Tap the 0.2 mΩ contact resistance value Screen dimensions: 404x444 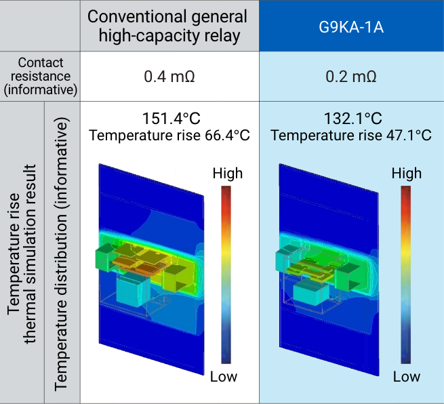351,76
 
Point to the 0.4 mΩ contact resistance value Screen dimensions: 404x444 169,76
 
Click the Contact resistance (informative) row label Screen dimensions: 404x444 40,76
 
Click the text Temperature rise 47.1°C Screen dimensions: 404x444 351,135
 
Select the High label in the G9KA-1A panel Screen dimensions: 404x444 406,174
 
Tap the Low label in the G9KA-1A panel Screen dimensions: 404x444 406,377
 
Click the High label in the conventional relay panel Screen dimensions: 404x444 227,174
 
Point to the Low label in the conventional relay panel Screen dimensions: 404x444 224,377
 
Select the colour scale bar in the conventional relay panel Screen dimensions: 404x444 226,275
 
